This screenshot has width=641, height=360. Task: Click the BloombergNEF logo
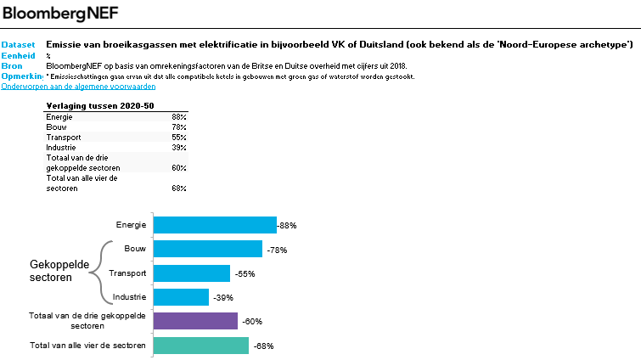[60, 13]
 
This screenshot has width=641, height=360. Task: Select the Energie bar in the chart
[214, 225]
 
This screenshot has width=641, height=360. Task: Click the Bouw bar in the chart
[207, 249]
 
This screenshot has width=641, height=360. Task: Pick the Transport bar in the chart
[191, 273]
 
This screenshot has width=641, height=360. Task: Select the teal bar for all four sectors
[200, 346]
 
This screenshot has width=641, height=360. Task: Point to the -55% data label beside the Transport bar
[243, 274]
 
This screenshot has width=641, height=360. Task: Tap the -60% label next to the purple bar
[250, 322]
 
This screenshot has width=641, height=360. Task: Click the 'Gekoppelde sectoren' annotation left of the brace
[59, 272]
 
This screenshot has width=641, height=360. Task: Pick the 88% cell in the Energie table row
[178, 116]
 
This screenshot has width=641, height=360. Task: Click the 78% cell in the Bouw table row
[178, 127]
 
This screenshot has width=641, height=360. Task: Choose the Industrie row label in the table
[61, 147]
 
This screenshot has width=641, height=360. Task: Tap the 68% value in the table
[178, 188]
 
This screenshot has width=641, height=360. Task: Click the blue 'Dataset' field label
[18, 44]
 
